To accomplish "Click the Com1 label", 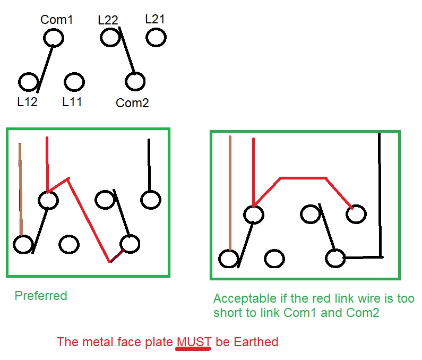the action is point(56,20).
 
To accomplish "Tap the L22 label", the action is point(108,20).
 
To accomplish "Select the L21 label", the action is point(155,19).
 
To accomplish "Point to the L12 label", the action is point(27,102).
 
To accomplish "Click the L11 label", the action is point(72,102).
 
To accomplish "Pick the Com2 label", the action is point(132,103).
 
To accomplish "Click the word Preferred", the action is point(41,296).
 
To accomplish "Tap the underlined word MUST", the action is point(194,342).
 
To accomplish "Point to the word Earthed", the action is point(256,342).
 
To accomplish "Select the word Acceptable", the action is point(245,298).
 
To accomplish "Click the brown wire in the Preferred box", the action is point(21,189).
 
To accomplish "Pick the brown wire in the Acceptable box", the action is point(230,193).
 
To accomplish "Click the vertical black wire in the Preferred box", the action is point(149,165).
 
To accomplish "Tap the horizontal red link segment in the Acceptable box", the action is point(303,178).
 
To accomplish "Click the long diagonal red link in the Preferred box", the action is point(89,219).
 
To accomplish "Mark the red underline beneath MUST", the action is point(193,349).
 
